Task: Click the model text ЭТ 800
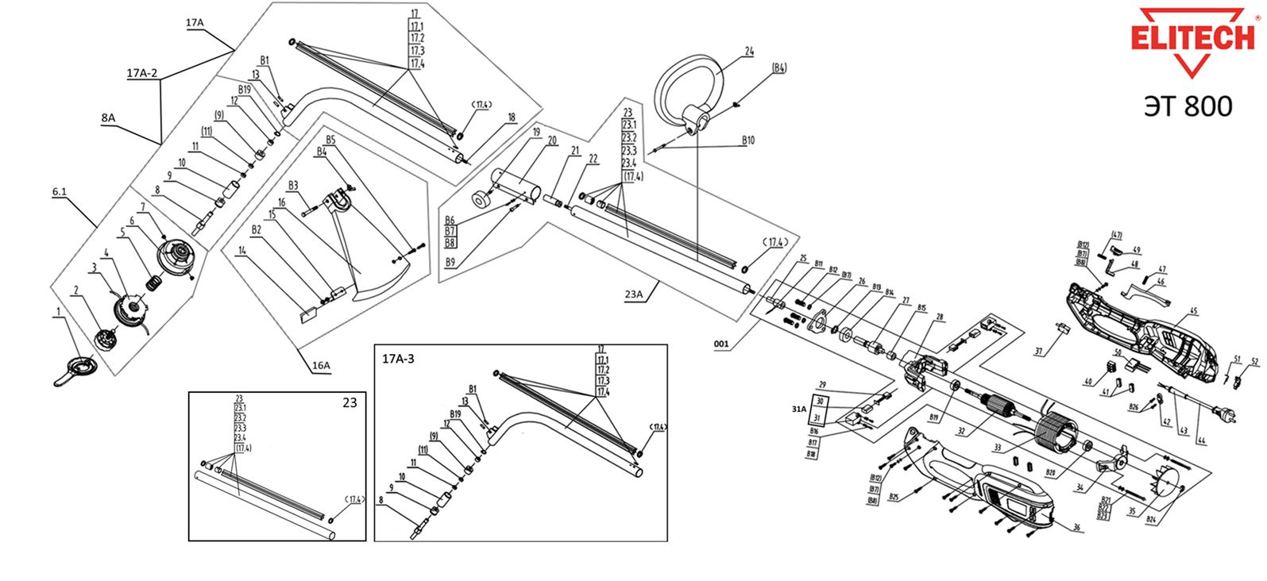click(1188, 106)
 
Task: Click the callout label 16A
click(321, 366)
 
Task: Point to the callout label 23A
click(634, 294)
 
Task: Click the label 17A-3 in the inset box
click(398, 359)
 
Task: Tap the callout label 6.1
click(60, 192)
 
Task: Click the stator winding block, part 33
click(1056, 440)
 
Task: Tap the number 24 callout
click(748, 52)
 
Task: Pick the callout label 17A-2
click(142, 74)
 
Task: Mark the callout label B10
click(747, 140)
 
